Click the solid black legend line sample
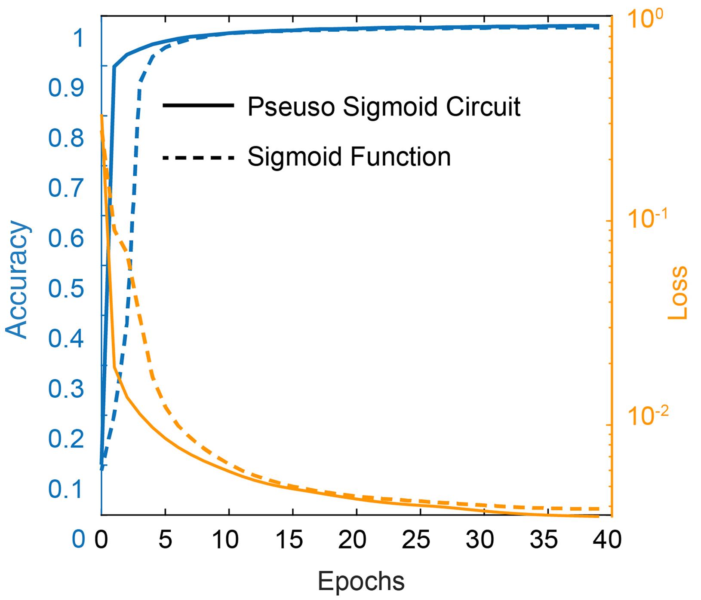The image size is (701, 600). coord(198,106)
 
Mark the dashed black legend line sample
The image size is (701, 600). coord(198,158)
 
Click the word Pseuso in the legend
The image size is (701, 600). coord(291,107)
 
